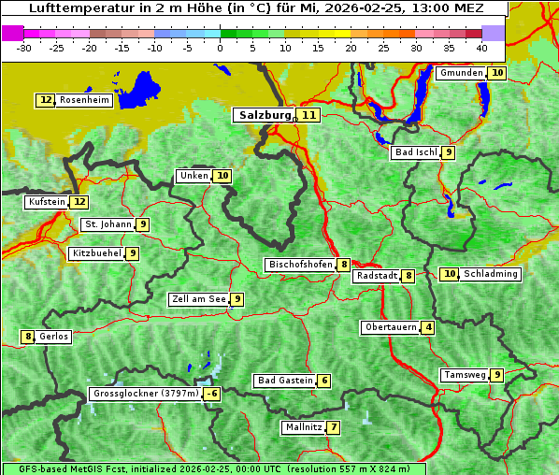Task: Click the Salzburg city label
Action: [x=265, y=115]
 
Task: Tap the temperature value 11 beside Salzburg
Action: [x=308, y=115]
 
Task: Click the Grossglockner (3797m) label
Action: [x=146, y=394]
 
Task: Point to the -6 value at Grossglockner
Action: [x=212, y=394]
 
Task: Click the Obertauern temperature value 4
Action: [x=427, y=327]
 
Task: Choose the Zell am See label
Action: [x=199, y=299]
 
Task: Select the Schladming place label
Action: [x=491, y=274]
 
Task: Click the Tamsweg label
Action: [x=465, y=375]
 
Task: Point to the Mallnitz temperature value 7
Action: [x=334, y=427]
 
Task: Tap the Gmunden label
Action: [x=461, y=73]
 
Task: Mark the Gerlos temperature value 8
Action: [x=28, y=337]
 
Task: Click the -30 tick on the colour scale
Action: [x=24, y=47]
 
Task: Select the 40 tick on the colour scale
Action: [x=481, y=47]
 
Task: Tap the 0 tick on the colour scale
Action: [x=220, y=47]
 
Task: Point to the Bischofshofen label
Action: [x=300, y=265]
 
